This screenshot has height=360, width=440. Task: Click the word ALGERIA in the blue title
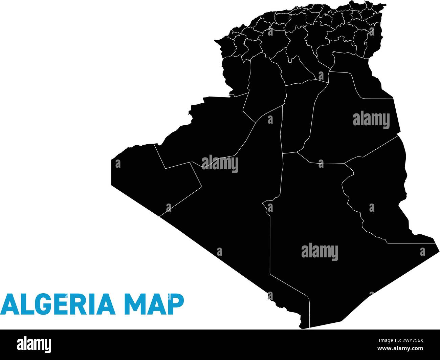58,303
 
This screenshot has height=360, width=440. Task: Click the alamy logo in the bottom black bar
34,345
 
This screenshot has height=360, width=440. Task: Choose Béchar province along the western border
210,129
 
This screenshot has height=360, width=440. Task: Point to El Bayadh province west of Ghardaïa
264,88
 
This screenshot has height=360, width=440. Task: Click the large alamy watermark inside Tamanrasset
320,252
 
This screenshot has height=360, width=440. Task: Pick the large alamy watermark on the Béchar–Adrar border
220,164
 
